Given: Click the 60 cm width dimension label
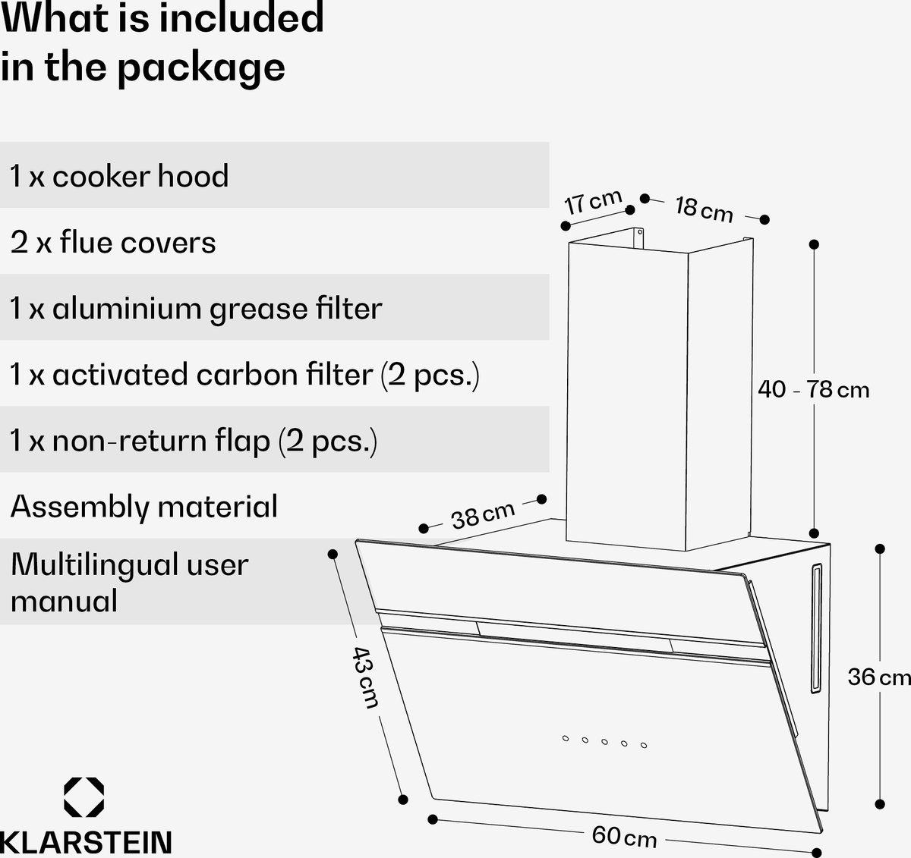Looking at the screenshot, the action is (x=624, y=837).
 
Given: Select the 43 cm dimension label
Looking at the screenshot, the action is (x=366, y=677).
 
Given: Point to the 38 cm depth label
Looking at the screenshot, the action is (x=483, y=515).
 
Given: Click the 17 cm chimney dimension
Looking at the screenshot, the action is (x=593, y=202).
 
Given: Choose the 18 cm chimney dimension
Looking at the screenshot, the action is (x=704, y=209).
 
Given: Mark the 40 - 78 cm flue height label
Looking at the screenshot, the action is (x=813, y=389).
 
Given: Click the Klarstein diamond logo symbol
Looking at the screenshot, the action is (x=84, y=797).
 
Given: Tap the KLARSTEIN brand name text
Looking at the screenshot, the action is (x=87, y=842).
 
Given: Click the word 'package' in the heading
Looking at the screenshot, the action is (x=201, y=68).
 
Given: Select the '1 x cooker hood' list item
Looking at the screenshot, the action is (x=119, y=176).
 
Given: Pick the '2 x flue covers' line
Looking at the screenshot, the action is (x=113, y=242).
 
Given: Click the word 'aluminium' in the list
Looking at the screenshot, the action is (x=127, y=308).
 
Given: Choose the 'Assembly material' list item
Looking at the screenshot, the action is (x=144, y=508).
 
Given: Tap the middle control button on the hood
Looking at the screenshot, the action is (x=604, y=741).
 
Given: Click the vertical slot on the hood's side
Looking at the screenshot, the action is (x=817, y=628).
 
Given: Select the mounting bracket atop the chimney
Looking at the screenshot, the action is (x=638, y=238).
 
